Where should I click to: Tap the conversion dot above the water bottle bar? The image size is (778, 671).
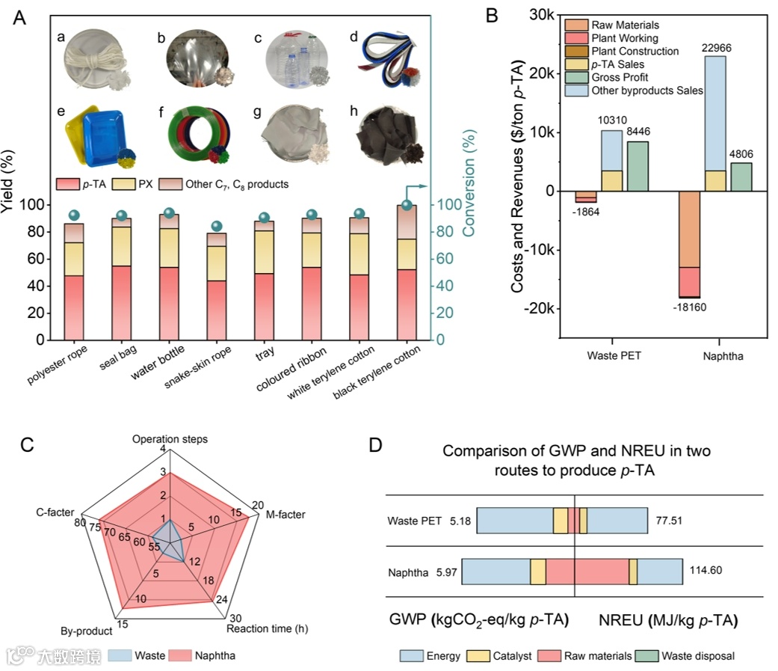pos(169,212)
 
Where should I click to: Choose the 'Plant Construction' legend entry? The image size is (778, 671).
pos(635,52)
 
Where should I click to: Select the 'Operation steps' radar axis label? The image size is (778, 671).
pos(170,438)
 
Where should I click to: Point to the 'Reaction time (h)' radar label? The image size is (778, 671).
pos(262,629)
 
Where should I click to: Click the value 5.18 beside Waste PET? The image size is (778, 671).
pos(460,521)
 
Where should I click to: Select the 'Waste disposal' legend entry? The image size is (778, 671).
pos(700,656)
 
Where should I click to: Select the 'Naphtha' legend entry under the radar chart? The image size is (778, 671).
pos(215,656)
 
